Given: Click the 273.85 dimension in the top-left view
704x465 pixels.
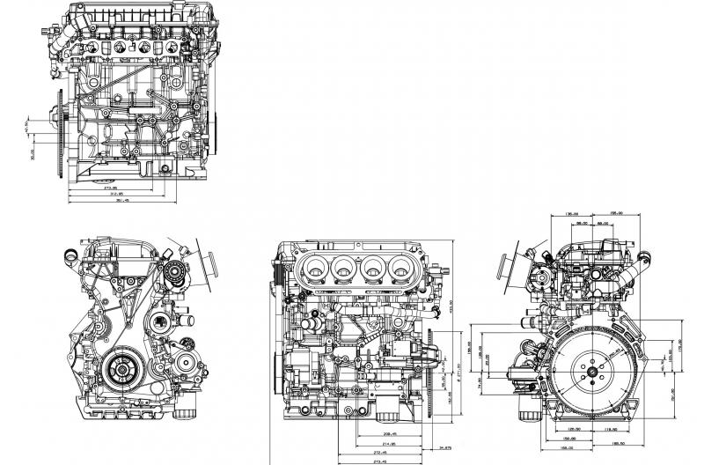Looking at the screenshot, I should click(111, 187).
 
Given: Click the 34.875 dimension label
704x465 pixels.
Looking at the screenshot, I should click(445, 448).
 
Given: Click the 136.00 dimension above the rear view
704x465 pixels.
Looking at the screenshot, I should click(570, 214).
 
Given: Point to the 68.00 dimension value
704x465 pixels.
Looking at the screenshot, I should click(605, 223).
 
